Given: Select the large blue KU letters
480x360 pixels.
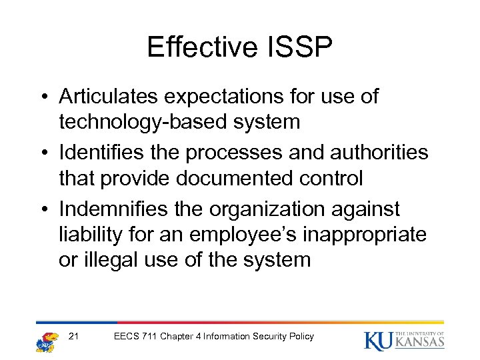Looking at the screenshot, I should click(379, 340).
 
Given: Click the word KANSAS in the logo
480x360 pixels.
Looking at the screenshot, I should click(420, 343).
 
